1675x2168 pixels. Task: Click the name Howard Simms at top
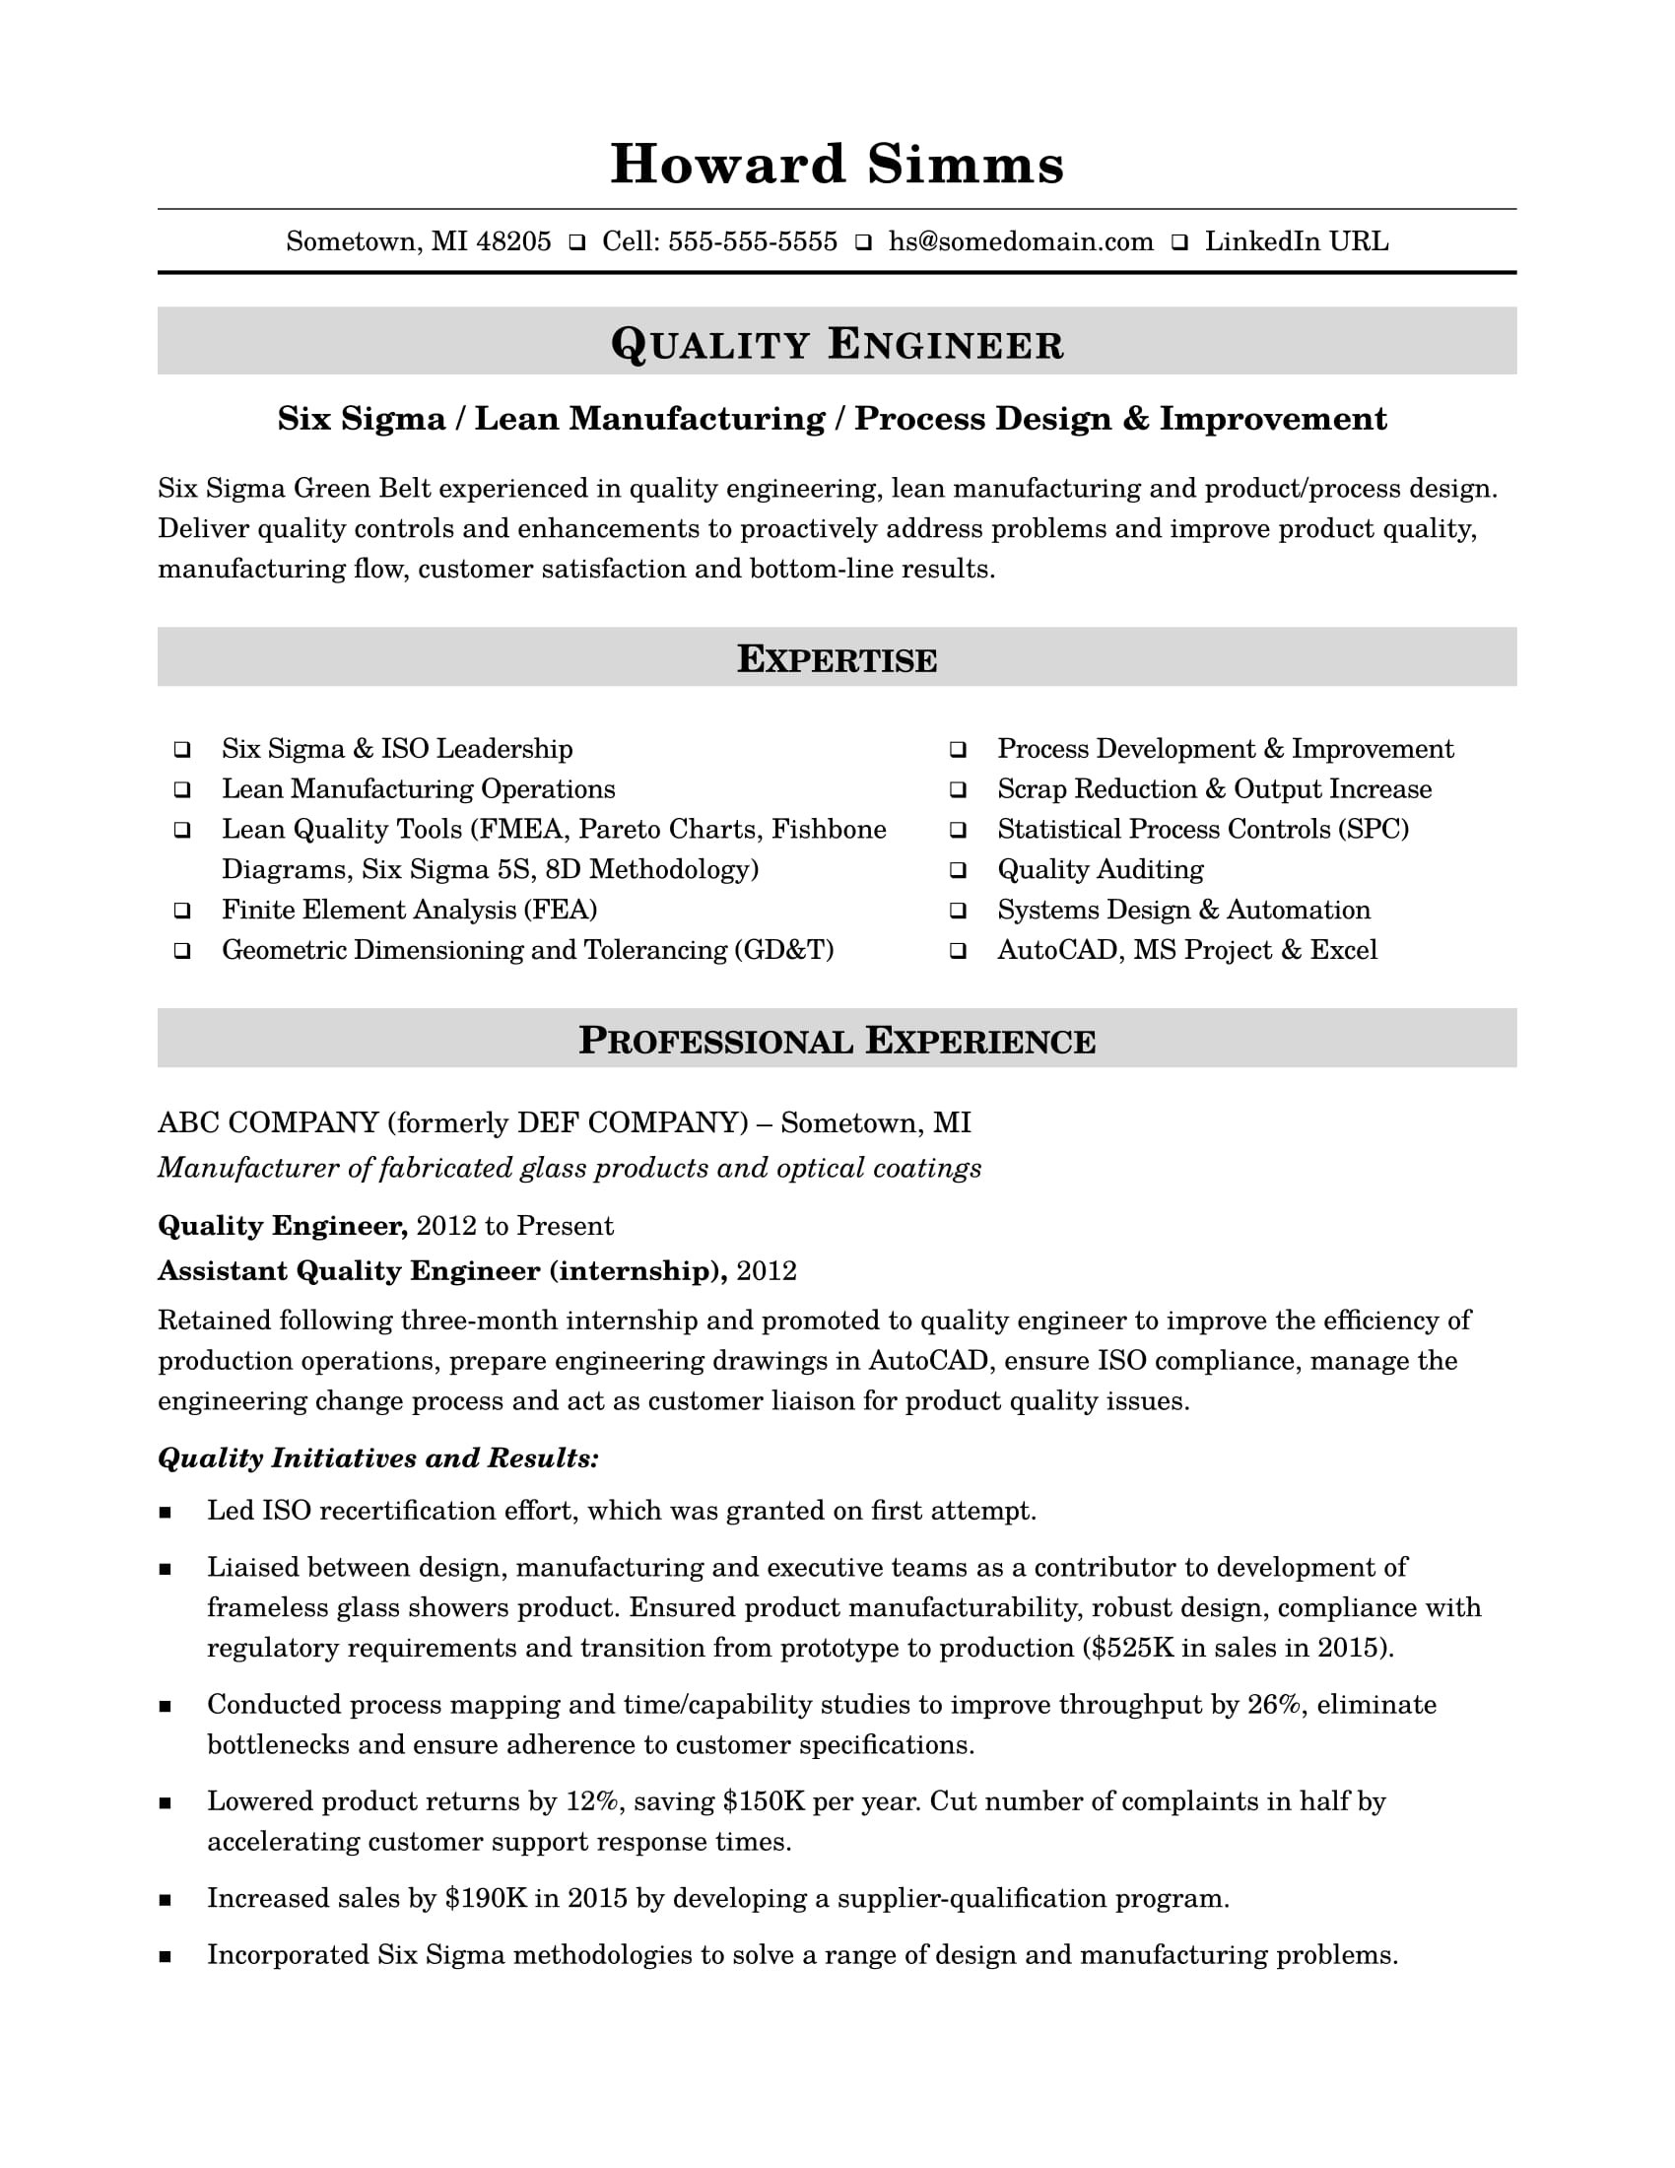[837, 165]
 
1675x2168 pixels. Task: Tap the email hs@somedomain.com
[1020, 241]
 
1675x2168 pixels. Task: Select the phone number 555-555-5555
[752, 241]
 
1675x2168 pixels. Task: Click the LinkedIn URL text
[1296, 241]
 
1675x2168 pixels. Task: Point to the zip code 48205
[513, 241]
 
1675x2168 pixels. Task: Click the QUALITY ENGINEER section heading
[837, 344]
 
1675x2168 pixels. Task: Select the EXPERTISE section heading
[837, 659]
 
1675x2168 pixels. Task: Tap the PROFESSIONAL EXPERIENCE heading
[837, 1041]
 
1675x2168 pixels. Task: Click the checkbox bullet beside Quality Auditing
[958, 870]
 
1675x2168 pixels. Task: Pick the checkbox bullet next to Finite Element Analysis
[182, 911]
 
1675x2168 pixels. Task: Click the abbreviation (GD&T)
[783, 950]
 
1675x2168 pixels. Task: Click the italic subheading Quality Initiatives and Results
[378, 1457]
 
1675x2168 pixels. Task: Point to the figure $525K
[1131, 1648]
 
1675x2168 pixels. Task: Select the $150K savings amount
[763, 1800]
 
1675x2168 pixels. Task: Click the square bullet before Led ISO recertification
[165, 1513]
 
